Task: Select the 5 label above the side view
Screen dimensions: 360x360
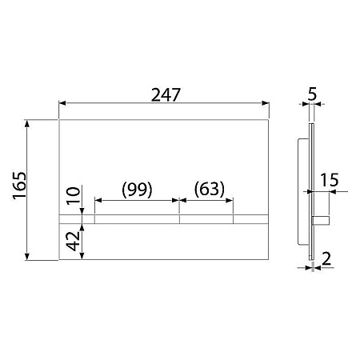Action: pos(313,94)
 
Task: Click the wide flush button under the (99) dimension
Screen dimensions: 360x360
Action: pos(137,218)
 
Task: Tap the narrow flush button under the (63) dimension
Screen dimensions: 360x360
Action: pos(206,218)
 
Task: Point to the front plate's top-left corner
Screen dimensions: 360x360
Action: pos(59,121)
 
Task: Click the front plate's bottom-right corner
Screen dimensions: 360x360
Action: pos(266,259)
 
